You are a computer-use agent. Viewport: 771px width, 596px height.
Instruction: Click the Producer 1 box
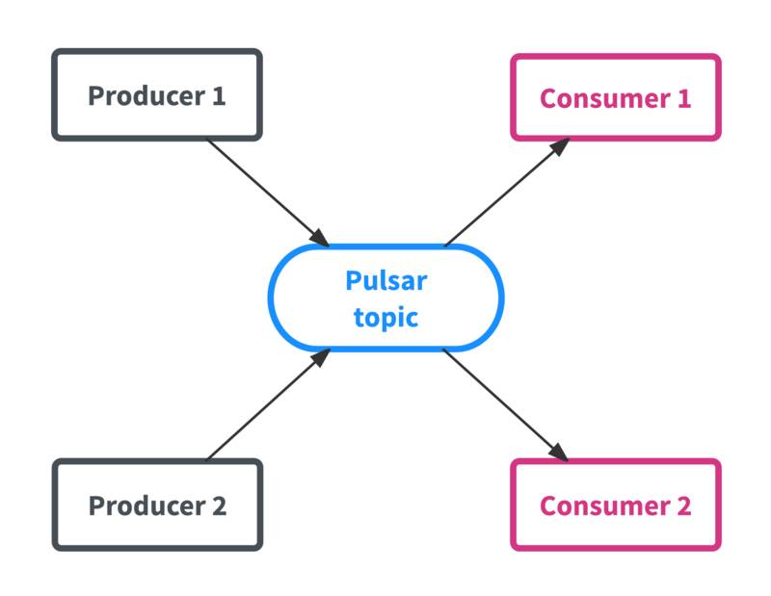(x=156, y=95)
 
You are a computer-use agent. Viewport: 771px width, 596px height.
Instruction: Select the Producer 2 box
(x=156, y=505)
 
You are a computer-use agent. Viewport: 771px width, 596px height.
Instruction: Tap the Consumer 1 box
(x=615, y=97)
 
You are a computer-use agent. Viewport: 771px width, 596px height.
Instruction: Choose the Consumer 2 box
(x=615, y=505)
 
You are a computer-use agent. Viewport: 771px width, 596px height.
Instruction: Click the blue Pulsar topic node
(x=385, y=298)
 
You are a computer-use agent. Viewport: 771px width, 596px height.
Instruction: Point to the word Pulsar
(x=385, y=281)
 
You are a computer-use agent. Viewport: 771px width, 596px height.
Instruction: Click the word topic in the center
(x=385, y=317)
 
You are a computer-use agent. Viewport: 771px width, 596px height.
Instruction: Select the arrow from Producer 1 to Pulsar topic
(x=265, y=191)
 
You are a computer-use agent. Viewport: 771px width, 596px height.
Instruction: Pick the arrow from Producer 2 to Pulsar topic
(x=265, y=405)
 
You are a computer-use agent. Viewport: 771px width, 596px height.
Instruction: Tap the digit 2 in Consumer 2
(x=683, y=505)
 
